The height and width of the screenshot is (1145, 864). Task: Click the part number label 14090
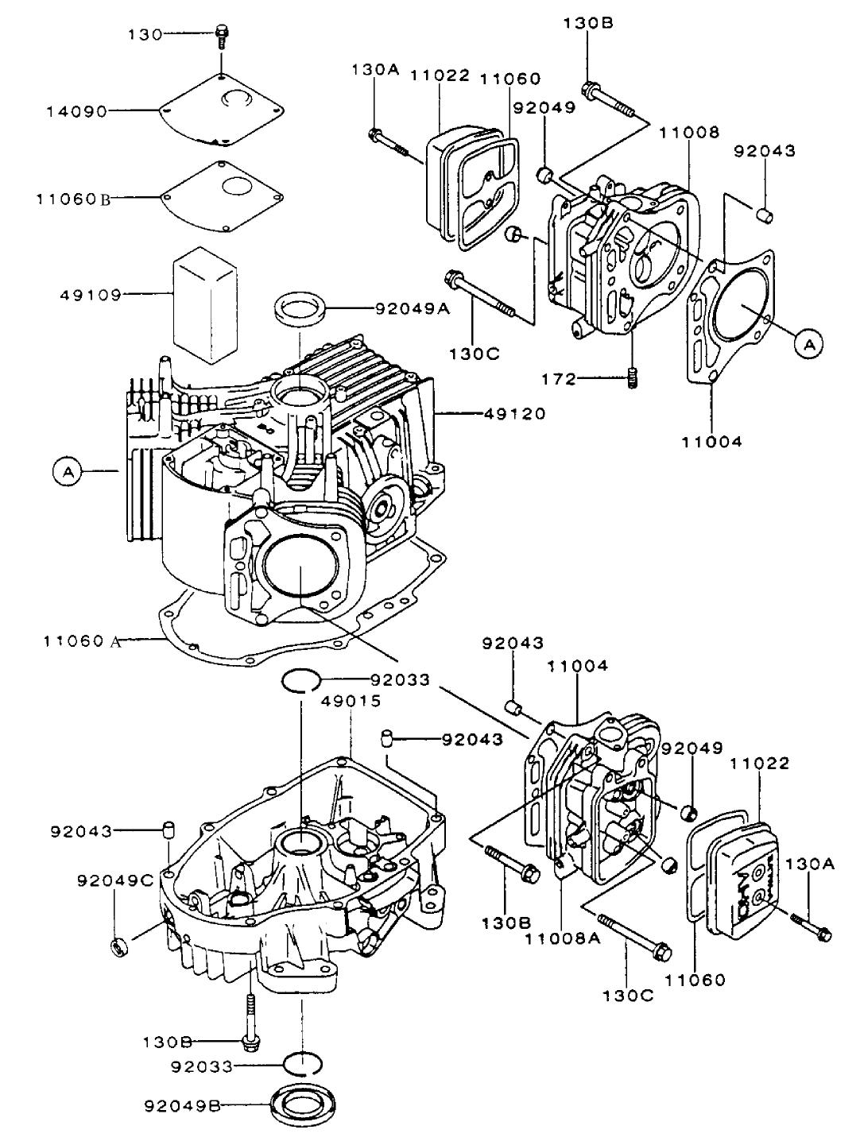pos(75,112)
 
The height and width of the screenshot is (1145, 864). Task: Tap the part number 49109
pos(90,295)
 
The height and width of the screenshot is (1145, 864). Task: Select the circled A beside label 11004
pos(808,343)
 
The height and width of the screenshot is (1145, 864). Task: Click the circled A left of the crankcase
pos(68,472)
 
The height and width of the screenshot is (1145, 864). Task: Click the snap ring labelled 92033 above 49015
pos(301,681)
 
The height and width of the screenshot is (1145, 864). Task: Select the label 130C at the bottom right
pos(628,993)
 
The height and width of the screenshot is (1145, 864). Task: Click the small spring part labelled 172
pos(633,379)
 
